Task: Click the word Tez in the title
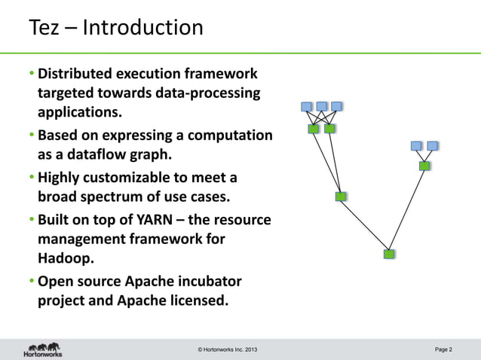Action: [x=44, y=28]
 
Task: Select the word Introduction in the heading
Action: [x=142, y=28]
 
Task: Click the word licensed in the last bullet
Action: [x=191, y=302]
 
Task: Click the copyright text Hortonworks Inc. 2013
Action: [x=231, y=350]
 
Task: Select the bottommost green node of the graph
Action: [x=389, y=254]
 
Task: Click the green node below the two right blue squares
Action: [x=424, y=166]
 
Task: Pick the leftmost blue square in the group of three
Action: [x=307, y=106]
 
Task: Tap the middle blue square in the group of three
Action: [x=322, y=106]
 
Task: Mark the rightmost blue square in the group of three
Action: [x=336, y=106]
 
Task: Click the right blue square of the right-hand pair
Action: [x=432, y=145]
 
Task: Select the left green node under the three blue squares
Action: [x=314, y=129]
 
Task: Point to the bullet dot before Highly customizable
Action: [x=33, y=178]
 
